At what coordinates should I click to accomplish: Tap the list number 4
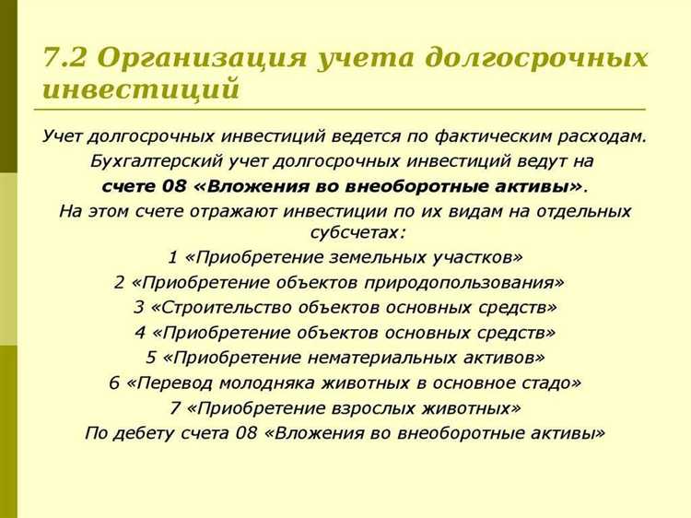(x=140, y=332)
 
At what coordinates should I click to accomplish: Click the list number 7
(x=174, y=406)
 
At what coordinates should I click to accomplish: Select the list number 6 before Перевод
(x=114, y=383)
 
